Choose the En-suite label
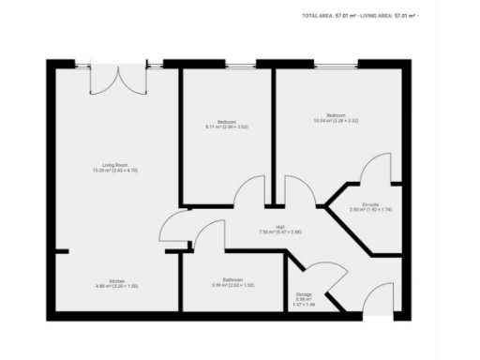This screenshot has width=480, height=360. tap(371, 206)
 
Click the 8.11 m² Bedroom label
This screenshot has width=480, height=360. tap(227, 124)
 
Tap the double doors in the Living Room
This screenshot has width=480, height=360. tap(117, 79)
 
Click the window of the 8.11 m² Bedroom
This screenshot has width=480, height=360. tap(227, 65)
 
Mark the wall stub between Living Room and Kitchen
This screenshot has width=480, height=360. tap(60, 251)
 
